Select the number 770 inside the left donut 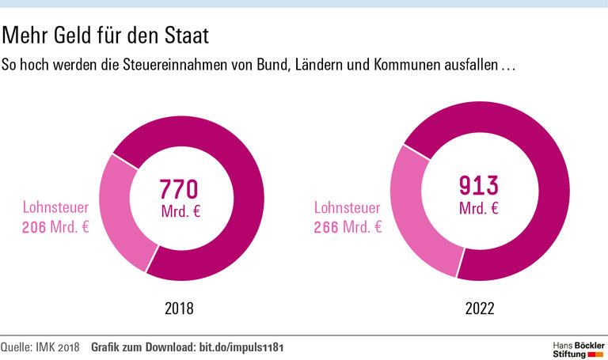click(x=178, y=190)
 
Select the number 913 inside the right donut click(x=479, y=186)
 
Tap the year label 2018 click(x=178, y=309)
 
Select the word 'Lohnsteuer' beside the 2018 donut click(x=55, y=208)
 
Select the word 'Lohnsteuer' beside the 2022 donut click(x=348, y=208)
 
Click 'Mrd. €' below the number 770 click(x=179, y=211)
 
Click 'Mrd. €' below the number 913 click(x=479, y=208)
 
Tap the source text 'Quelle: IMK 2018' click(x=40, y=347)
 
